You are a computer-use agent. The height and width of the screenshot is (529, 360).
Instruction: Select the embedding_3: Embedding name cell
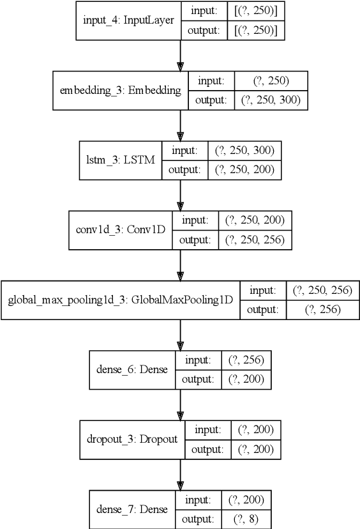(x=120, y=90)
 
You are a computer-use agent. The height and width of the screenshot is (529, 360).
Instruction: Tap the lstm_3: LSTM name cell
(x=121, y=160)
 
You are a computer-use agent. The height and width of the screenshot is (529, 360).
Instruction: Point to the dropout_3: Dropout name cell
(x=132, y=439)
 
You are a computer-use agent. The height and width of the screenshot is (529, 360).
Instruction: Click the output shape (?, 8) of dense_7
(x=246, y=519)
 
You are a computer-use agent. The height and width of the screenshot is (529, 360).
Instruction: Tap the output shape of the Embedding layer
(x=271, y=100)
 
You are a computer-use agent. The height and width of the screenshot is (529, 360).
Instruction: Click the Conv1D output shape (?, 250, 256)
(x=255, y=240)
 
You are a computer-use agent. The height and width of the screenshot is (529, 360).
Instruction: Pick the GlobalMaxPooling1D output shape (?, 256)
(x=322, y=309)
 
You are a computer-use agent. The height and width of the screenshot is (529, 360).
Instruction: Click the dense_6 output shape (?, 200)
(x=246, y=379)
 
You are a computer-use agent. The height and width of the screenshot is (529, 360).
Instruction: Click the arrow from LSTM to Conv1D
(x=180, y=195)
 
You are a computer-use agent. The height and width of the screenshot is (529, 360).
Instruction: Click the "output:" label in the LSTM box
(x=184, y=169)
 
